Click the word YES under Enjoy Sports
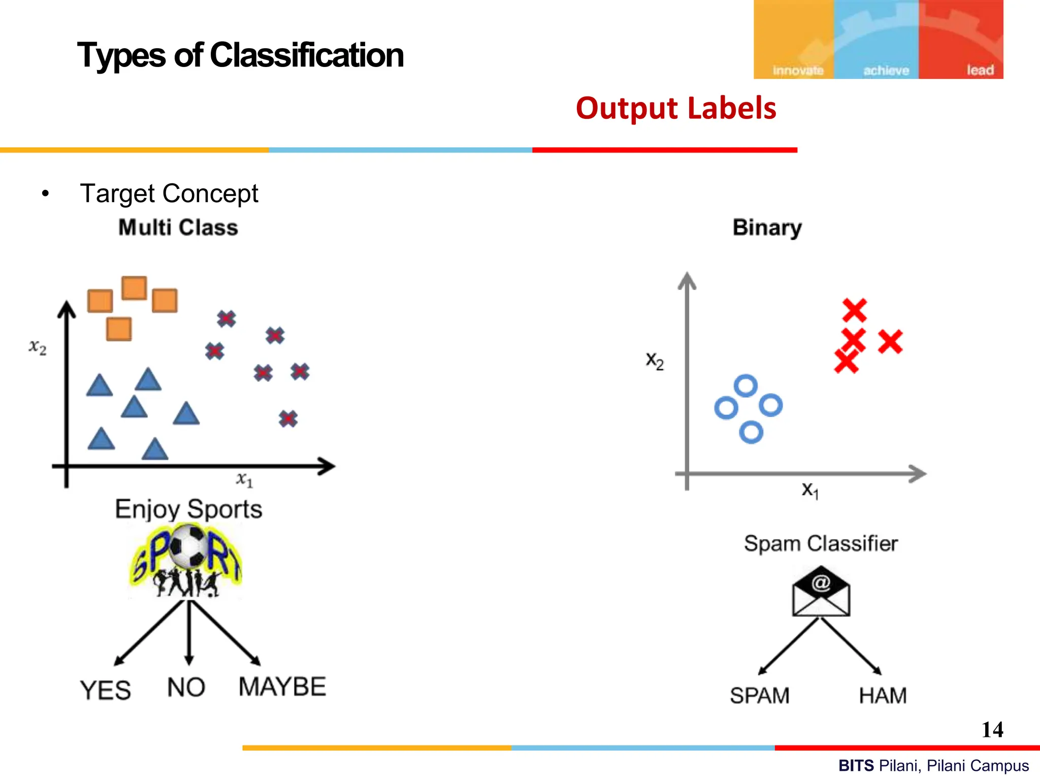click(106, 691)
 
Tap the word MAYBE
click(282, 687)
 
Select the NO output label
click(186, 688)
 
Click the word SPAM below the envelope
click(760, 696)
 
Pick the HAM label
click(883, 696)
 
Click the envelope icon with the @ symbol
click(821, 592)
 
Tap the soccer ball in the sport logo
click(188, 546)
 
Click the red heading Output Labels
click(676, 108)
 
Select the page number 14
click(992, 730)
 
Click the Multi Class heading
click(178, 227)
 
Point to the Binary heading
click(767, 227)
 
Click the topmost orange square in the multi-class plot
click(135, 288)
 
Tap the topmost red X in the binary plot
click(854, 310)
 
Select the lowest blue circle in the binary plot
click(751, 433)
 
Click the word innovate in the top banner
click(798, 71)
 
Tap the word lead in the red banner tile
click(980, 70)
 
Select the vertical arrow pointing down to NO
click(189, 632)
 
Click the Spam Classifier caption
click(821, 543)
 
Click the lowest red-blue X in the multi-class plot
click(288, 418)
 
